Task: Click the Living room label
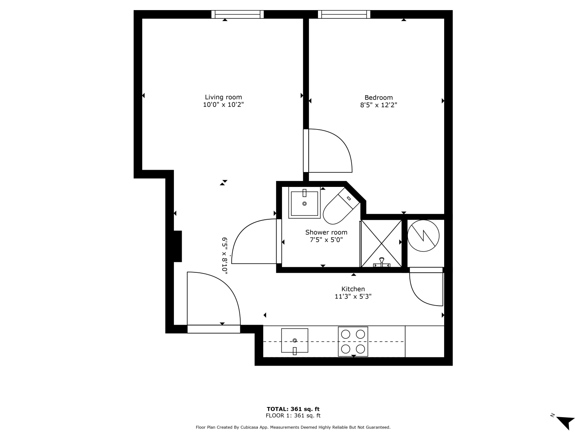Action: tap(223, 97)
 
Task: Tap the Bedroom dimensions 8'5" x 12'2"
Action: tap(379, 105)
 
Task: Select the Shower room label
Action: tap(326, 233)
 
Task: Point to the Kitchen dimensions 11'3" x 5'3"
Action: tap(353, 297)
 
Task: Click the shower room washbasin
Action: tap(304, 203)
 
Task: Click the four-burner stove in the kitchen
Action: tap(353, 341)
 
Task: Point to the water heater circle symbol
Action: tap(423, 236)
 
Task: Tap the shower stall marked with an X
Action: tap(381, 243)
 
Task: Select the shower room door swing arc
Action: tap(240, 232)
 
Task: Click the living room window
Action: tap(238, 14)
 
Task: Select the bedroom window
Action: tap(344, 14)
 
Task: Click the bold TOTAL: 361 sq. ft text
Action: tap(293, 409)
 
